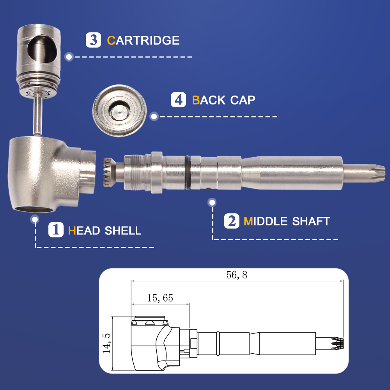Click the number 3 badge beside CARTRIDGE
94,40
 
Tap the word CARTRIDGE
143,40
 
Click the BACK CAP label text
223,100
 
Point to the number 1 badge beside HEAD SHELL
56,230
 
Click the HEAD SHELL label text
105,230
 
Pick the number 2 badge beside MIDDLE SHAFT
232,221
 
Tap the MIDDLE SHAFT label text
287,222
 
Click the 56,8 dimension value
237,275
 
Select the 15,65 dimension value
160,298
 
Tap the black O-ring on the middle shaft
188,171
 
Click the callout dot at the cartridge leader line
69,57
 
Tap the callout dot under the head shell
35,219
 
